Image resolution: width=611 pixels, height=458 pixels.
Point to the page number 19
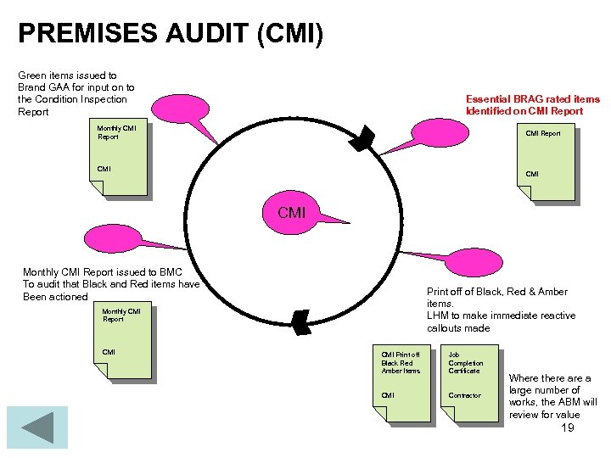(x=568, y=427)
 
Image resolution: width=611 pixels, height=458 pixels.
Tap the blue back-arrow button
(x=36, y=427)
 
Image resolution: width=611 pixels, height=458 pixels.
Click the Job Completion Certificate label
(x=464, y=363)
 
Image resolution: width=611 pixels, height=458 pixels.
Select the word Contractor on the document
(x=464, y=395)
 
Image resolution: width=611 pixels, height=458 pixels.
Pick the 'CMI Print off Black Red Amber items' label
(x=401, y=363)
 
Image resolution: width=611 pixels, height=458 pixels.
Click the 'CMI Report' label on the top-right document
(x=542, y=133)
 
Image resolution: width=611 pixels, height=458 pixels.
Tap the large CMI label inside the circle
(x=291, y=212)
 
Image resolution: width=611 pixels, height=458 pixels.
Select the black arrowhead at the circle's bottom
(x=300, y=322)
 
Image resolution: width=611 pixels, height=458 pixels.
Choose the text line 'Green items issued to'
(x=67, y=75)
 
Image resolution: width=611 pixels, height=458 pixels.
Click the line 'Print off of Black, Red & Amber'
(x=497, y=292)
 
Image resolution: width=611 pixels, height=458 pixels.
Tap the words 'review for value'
(x=544, y=415)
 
